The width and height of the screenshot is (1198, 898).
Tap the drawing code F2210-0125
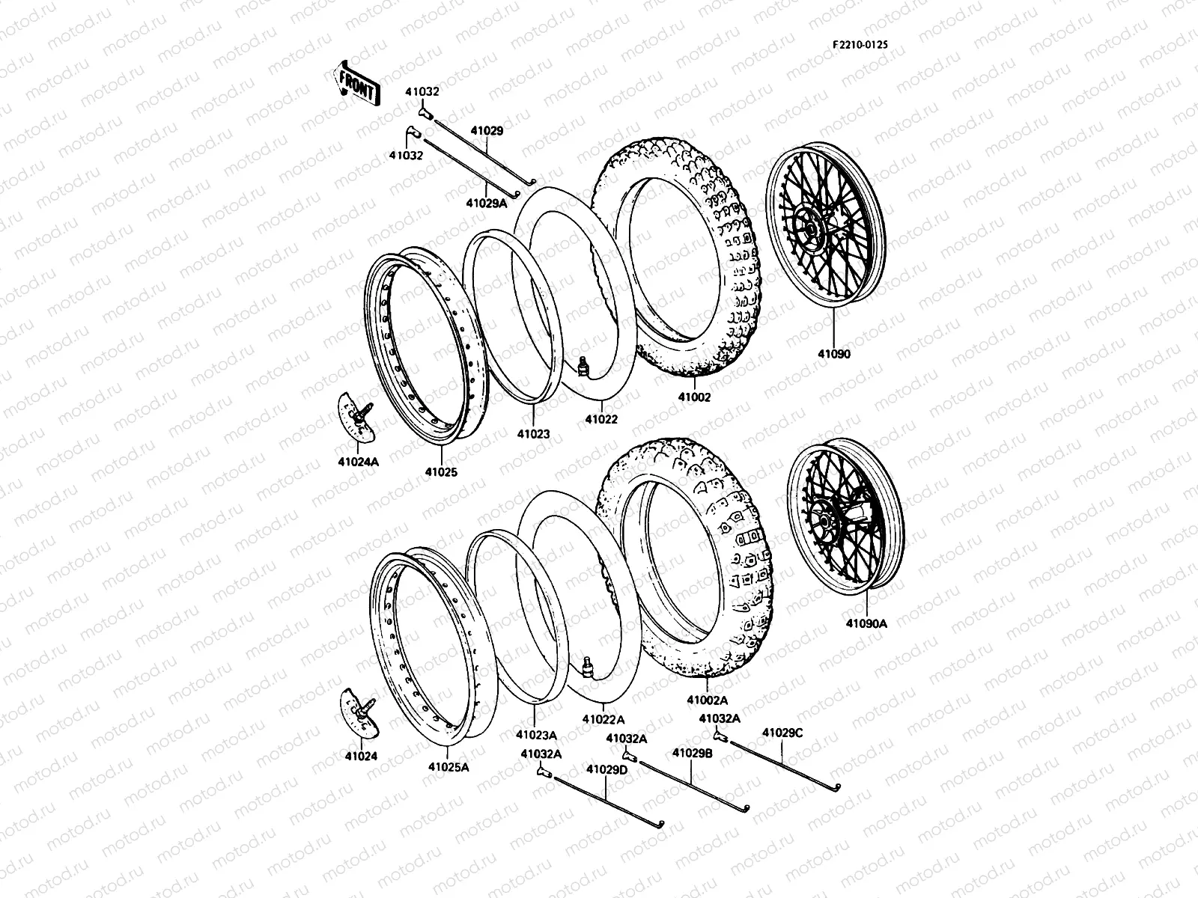860,45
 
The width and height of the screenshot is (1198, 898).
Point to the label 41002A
708,701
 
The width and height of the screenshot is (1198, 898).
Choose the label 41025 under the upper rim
441,472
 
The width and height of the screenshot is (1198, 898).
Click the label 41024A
359,462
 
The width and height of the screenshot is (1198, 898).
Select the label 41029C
782,733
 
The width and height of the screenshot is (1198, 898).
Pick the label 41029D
606,769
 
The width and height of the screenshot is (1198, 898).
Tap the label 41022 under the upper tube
600,419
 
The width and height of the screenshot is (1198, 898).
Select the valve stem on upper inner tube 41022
585,366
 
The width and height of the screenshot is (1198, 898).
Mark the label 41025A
449,767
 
